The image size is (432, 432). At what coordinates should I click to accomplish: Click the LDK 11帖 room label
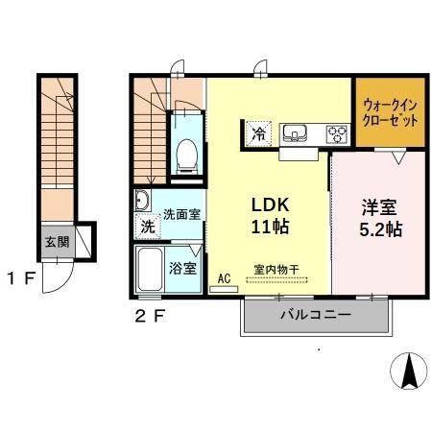click(270, 216)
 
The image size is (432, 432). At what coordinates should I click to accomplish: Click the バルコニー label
click(315, 314)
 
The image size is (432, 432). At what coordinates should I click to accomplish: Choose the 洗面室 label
click(180, 214)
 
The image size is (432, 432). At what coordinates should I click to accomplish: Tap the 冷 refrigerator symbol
click(258, 133)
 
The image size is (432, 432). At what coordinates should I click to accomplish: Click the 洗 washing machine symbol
click(147, 228)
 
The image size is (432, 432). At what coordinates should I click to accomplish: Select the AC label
click(224, 278)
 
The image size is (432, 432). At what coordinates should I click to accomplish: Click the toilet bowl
click(187, 154)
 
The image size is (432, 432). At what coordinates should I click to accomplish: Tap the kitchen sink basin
click(293, 133)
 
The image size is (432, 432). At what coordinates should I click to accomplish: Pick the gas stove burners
click(337, 133)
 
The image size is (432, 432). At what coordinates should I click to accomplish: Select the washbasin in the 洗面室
click(142, 201)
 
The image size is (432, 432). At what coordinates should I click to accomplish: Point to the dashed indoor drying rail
click(278, 280)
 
